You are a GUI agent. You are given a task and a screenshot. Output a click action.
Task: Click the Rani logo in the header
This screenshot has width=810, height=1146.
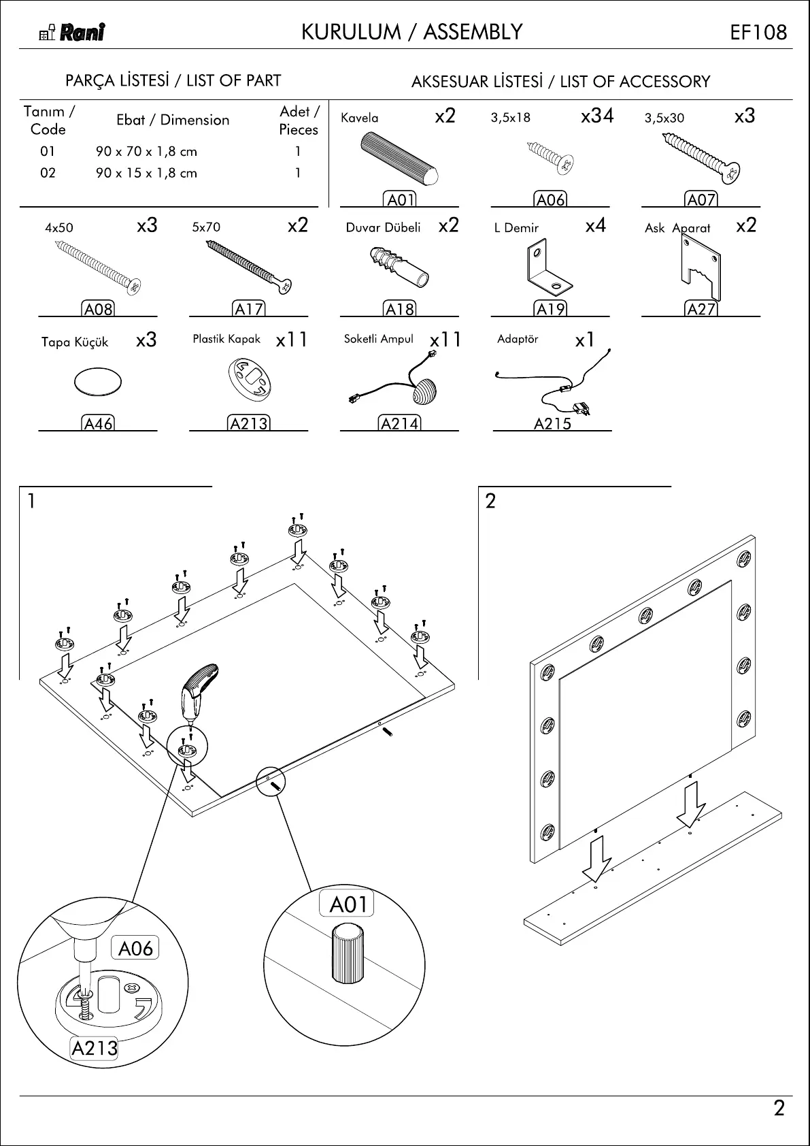pos(73,33)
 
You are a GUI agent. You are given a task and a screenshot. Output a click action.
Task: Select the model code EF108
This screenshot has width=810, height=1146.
pos(758,33)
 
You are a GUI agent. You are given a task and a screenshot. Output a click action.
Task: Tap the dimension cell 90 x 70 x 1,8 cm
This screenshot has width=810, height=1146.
pos(146,151)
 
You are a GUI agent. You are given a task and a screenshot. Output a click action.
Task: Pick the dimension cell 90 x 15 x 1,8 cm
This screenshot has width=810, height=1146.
pos(146,173)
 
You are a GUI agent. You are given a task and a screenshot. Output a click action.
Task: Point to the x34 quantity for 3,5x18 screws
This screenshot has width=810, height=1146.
pos(597,116)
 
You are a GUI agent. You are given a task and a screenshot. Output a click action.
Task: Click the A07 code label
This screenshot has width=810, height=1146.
pos(701,199)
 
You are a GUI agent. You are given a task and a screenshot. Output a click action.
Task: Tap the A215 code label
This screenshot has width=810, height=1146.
pos(552,424)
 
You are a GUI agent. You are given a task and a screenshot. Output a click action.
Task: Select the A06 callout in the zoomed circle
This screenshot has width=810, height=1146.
pos(135,948)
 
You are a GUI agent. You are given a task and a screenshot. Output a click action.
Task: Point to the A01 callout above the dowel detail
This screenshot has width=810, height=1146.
pos(348,904)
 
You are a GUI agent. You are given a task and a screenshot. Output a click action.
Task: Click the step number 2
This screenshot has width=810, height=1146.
pos(490,502)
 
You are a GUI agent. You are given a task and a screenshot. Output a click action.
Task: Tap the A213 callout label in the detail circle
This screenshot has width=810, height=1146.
pos(95,1048)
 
